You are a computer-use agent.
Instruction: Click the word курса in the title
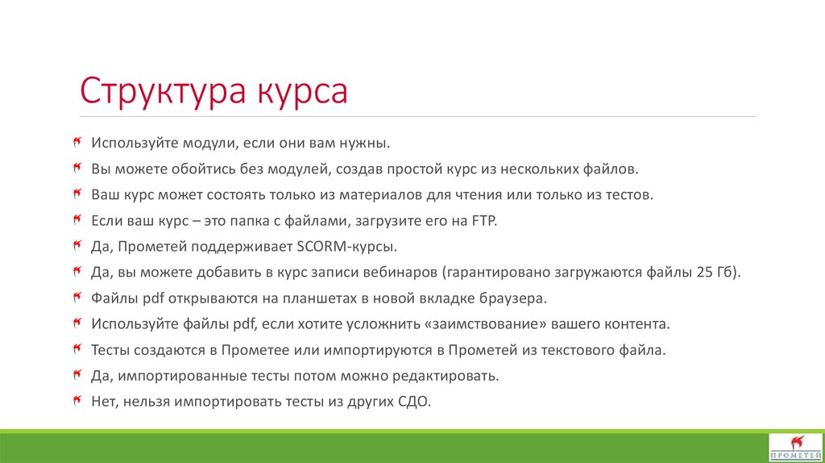click(x=303, y=91)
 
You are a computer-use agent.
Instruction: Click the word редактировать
click(x=449, y=375)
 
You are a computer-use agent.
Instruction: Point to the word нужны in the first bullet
click(x=367, y=143)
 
